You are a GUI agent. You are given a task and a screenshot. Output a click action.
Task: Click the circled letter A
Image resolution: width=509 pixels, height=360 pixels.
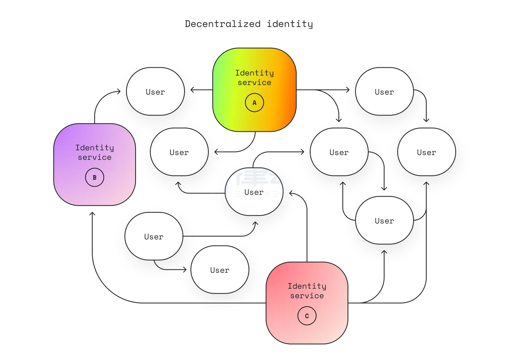coord(254,103)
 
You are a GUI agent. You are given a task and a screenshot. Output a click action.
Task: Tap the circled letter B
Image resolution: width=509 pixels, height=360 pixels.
coord(95,177)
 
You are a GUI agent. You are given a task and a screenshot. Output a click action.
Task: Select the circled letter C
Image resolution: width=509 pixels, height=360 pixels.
coord(307,316)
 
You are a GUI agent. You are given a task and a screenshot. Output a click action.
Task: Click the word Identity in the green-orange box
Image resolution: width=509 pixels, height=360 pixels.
coord(254,73)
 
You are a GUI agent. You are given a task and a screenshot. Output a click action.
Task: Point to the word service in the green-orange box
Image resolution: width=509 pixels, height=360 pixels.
coord(254,83)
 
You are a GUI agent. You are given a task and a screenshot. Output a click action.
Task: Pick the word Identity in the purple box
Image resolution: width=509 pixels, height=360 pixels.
coord(95,148)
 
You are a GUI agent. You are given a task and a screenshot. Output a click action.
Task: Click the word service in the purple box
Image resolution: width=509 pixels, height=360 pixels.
coord(95,158)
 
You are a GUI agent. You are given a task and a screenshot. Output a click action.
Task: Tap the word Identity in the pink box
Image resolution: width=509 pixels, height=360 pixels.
coord(307,286)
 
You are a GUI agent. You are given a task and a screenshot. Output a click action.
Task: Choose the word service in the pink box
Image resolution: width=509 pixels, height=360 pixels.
coord(307,296)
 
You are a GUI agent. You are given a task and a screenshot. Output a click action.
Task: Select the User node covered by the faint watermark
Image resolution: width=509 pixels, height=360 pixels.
coord(254,192)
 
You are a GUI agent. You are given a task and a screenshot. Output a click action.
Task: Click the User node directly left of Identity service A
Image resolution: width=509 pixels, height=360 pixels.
coord(155,92)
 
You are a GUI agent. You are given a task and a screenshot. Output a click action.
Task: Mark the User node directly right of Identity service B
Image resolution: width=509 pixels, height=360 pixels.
coord(179,152)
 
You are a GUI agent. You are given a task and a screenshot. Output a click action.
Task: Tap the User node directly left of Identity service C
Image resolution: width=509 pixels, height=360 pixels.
coord(220,270)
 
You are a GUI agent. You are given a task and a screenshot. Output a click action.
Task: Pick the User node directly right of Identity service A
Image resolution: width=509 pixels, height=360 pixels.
coord(385,92)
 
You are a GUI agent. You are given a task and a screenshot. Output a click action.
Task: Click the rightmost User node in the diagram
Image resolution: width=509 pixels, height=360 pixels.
coord(427,152)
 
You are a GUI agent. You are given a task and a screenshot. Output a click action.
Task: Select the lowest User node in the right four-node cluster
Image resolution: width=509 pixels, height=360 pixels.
coord(385,221)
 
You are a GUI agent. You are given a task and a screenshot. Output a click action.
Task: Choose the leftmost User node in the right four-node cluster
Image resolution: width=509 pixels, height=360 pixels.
coord(339,152)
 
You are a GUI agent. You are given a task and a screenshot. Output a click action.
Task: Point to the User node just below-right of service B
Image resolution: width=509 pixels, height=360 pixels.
coord(154,237)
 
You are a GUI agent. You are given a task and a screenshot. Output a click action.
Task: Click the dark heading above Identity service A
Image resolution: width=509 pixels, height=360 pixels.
coord(250,24)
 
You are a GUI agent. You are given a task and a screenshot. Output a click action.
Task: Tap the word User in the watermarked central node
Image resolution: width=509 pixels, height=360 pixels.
coord(254,193)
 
